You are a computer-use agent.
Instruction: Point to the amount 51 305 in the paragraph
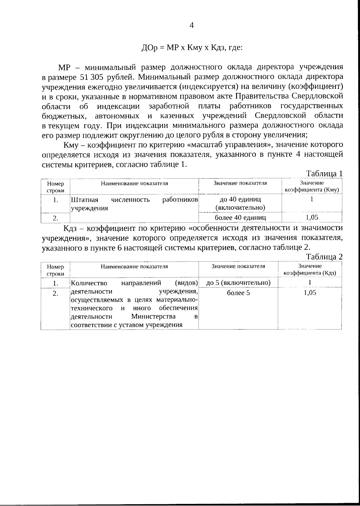pos(91,77)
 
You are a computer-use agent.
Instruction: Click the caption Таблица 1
pos(324,174)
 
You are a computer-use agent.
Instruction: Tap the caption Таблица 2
pos(324,257)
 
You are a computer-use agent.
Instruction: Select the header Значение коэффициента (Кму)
pos(312,186)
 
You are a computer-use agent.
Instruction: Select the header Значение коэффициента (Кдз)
pos(310,270)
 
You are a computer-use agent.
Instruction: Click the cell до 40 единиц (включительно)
pos(240,203)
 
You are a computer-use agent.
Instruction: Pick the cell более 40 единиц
pos(240,217)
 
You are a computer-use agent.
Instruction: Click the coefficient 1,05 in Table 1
pos(312,217)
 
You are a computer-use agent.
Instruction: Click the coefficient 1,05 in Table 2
pos(310,293)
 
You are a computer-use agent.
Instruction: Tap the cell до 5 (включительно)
pos(238,283)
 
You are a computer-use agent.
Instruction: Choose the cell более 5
pos(238,293)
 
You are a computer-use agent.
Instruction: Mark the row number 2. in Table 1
pos(55,218)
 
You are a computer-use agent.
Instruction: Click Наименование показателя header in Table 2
pos(134,266)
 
